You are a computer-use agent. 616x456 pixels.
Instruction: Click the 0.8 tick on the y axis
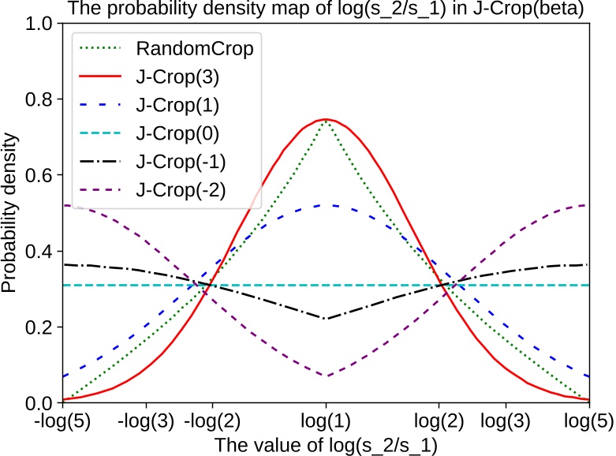(40, 100)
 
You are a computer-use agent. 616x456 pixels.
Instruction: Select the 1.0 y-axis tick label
(40, 24)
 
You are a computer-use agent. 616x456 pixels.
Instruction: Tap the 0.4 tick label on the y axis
(40, 252)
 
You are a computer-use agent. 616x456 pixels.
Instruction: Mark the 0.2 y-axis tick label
(40, 327)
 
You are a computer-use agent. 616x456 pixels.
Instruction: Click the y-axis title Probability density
(11, 213)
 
